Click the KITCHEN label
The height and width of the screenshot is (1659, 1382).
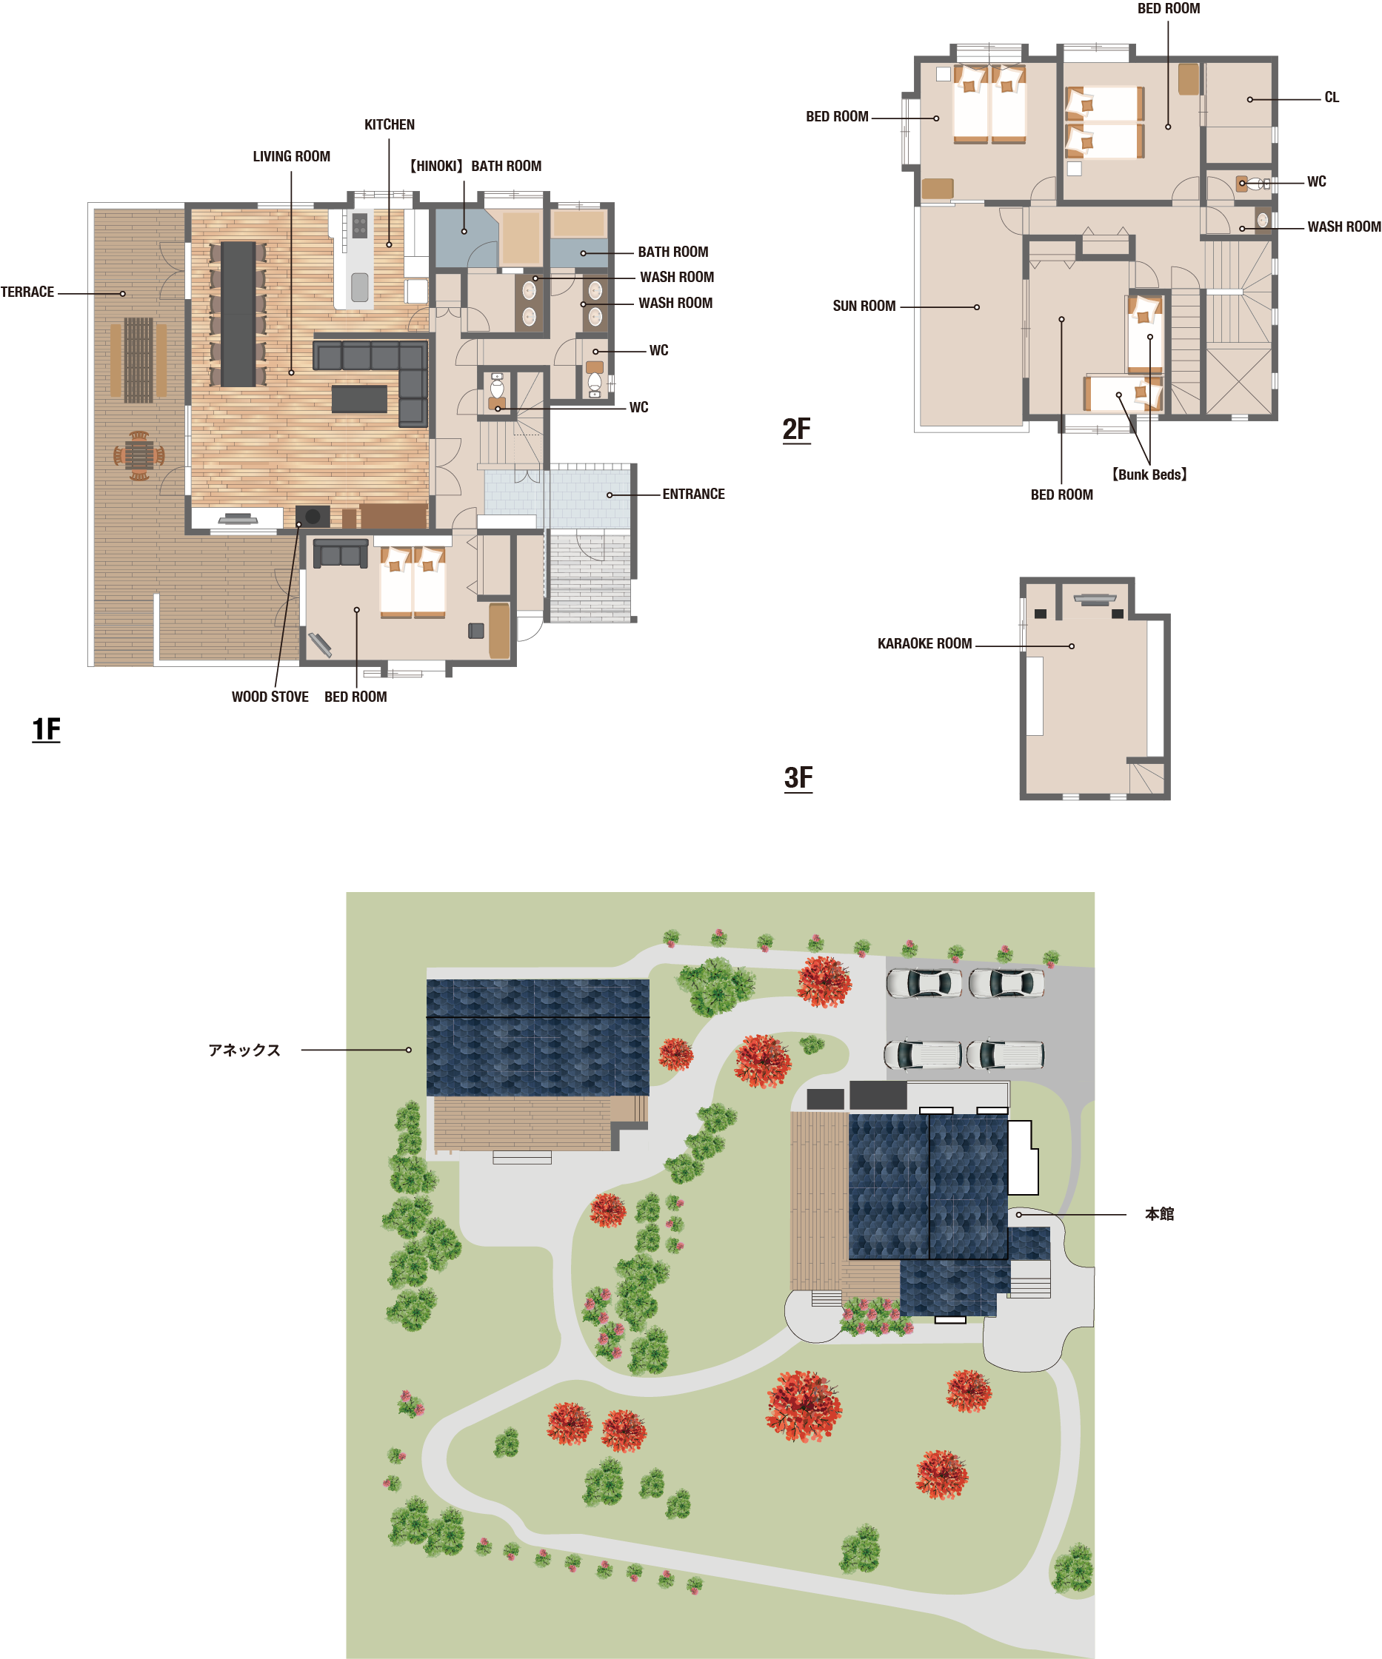pyautogui.click(x=389, y=125)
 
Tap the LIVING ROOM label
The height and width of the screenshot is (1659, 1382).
pyautogui.click(x=292, y=156)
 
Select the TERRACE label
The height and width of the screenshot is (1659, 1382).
pyautogui.click(x=27, y=292)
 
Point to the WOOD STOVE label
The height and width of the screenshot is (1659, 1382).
pyautogui.click(x=270, y=697)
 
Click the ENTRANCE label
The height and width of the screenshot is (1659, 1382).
pyautogui.click(x=693, y=495)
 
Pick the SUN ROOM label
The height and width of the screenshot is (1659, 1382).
pyautogui.click(x=864, y=306)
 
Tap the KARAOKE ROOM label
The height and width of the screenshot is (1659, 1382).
pyautogui.click(x=924, y=644)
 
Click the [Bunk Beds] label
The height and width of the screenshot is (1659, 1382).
pyautogui.click(x=1149, y=475)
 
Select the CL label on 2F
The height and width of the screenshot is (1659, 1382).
pyautogui.click(x=1332, y=98)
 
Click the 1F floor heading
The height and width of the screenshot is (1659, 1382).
pyautogui.click(x=46, y=729)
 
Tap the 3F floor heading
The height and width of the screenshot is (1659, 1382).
pyautogui.click(x=798, y=778)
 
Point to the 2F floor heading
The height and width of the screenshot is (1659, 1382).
pyautogui.click(x=796, y=430)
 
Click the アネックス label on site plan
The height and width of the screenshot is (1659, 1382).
pyautogui.click(x=244, y=1050)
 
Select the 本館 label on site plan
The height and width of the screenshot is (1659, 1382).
pyautogui.click(x=1159, y=1214)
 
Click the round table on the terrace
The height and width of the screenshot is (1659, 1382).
pyautogui.click(x=139, y=456)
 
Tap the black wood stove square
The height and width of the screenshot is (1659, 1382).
pyautogui.click(x=312, y=517)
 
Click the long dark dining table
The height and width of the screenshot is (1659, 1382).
pyautogui.click(x=238, y=315)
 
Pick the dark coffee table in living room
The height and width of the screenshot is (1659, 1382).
pyautogui.click(x=359, y=399)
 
